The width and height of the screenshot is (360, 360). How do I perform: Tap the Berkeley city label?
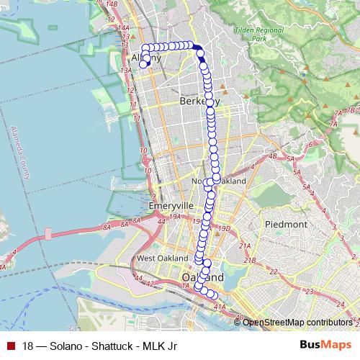click(198, 102)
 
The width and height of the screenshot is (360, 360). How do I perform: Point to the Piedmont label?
click(286, 225)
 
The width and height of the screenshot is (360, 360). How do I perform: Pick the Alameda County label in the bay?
click(19, 153)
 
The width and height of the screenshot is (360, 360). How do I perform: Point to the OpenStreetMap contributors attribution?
click(297, 322)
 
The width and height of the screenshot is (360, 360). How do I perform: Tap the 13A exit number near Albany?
click(127, 69)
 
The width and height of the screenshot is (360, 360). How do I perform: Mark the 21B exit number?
click(251, 257)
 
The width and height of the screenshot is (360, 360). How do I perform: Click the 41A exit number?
click(220, 306)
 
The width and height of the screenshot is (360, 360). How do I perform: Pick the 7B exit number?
click(351, 110)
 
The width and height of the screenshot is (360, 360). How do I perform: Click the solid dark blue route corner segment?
click(197, 49)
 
